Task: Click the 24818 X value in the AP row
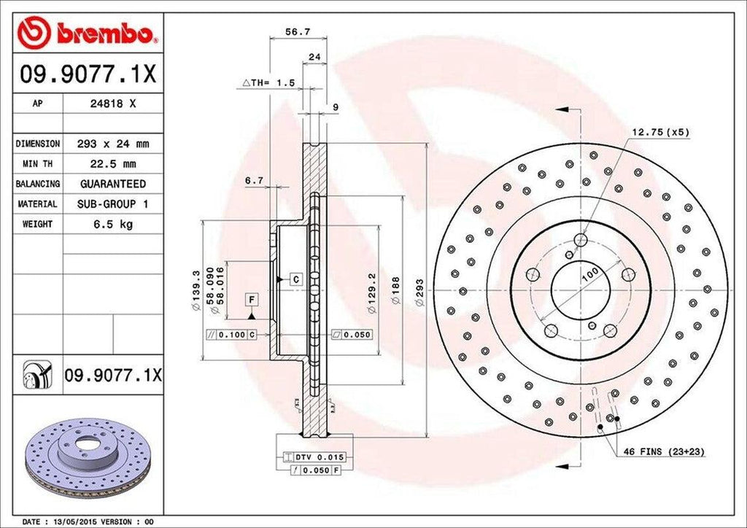click(x=112, y=104)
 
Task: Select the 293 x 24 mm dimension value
click(x=112, y=144)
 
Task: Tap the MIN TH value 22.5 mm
click(x=112, y=164)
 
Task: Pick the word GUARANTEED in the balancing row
click(x=112, y=184)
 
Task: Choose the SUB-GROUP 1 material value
click(x=112, y=204)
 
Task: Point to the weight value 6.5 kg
click(x=112, y=225)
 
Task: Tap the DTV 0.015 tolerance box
click(x=320, y=457)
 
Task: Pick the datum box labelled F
click(x=251, y=300)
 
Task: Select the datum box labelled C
click(x=296, y=279)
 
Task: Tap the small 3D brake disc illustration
click(x=86, y=455)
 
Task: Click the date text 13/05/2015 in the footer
click(x=77, y=522)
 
